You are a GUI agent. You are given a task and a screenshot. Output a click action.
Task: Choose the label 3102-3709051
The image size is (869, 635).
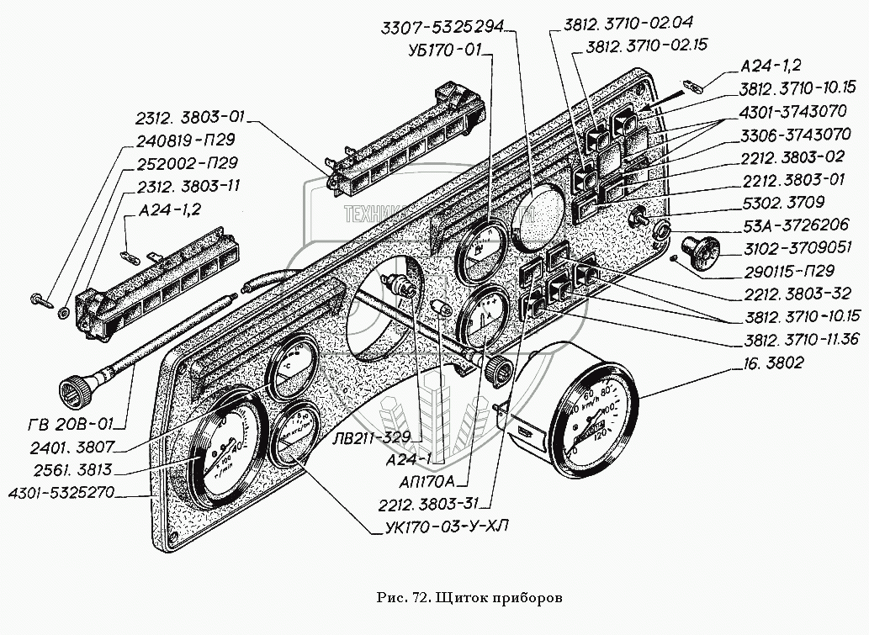pyautogui.click(x=795, y=248)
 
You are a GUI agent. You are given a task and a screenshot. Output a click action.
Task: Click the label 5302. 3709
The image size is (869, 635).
pyautogui.click(x=783, y=203)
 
